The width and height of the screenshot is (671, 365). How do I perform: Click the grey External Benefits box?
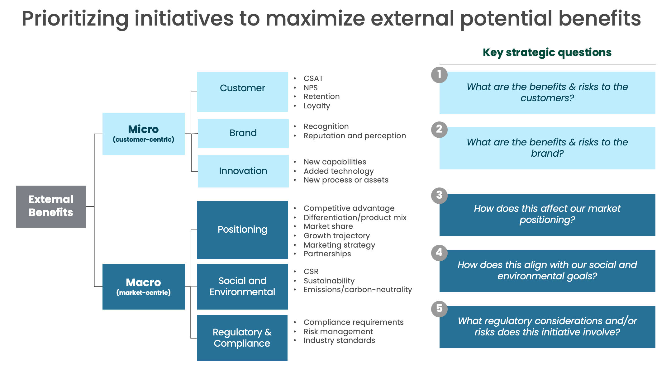click(51, 206)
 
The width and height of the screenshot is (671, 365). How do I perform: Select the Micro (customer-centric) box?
click(143, 134)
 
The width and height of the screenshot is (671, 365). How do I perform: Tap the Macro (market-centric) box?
click(143, 286)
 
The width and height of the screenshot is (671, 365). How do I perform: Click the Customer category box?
click(242, 92)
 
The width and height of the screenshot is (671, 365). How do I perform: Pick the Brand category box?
click(243, 133)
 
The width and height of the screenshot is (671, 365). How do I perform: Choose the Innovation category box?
click(243, 171)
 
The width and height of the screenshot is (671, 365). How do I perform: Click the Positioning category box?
click(242, 230)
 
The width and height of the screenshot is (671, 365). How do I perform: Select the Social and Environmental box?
click(242, 286)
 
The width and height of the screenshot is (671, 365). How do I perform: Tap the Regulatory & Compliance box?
click(242, 338)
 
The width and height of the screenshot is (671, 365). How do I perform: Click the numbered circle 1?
click(439, 75)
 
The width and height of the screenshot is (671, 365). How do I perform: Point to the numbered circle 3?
click(439, 195)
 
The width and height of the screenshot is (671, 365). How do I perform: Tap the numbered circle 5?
click(439, 309)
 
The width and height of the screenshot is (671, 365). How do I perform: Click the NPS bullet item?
click(311, 88)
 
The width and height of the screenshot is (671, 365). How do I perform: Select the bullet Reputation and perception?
click(355, 136)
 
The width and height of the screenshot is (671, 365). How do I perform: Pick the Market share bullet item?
click(328, 226)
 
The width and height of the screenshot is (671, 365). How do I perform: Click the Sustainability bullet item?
click(329, 281)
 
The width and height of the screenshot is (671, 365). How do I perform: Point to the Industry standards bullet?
click(339, 340)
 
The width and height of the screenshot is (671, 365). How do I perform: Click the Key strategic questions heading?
click(547, 52)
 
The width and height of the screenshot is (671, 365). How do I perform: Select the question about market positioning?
click(547, 214)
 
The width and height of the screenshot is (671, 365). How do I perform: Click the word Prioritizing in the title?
click(75, 19)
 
